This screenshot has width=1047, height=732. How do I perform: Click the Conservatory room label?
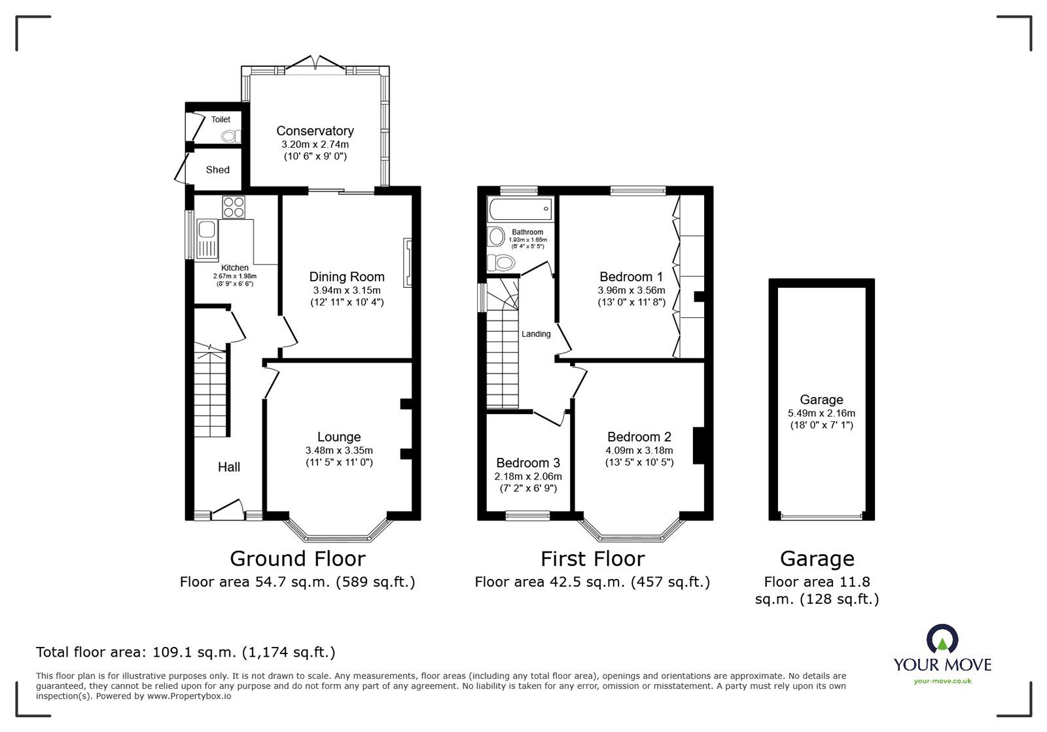tap(315, 131)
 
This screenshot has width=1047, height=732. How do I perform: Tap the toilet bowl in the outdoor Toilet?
tap(229, 136)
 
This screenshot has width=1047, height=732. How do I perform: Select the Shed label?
tap(217, 169)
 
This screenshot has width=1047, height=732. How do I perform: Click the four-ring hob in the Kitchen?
tap(234, 207)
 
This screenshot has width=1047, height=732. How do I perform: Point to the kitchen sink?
tap(207, 230)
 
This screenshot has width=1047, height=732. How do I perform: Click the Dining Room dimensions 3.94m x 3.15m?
tap(346, 290)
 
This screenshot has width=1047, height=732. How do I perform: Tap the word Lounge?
tap(339, 437)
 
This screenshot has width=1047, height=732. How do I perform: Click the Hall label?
tap(228, 467)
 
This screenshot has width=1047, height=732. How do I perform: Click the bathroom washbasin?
tap(497, 236)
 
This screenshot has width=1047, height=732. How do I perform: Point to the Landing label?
tap(535, 334)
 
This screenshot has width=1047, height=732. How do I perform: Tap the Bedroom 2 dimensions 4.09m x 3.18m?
tap(639, 450)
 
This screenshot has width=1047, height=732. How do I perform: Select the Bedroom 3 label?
tap(527, 463)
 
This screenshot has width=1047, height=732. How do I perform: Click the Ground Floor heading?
tap(297, 559)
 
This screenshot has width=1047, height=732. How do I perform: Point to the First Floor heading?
tap(592, 559)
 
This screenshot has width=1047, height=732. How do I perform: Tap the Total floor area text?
tap(186, 652)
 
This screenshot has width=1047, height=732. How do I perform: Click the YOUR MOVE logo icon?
tap(942, 639)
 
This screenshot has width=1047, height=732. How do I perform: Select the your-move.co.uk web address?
tap(942, 682)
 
